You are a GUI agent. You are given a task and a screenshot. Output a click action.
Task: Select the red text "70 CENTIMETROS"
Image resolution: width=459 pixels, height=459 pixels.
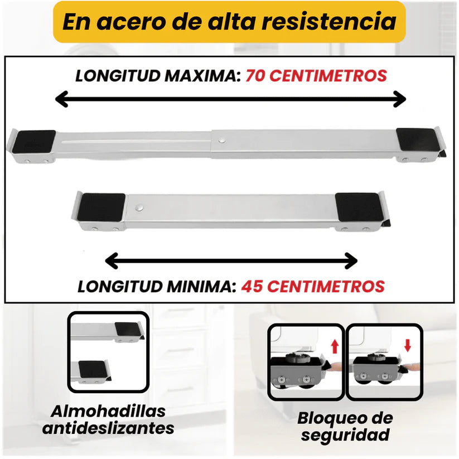coord(316,76)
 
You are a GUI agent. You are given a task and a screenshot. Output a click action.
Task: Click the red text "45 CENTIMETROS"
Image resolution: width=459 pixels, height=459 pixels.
coord(312,287)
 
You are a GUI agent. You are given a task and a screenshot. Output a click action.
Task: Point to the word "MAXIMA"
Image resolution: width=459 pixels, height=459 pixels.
coord(200,76)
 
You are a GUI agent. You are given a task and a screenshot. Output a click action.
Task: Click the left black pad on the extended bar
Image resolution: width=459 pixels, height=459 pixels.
coord(35,142)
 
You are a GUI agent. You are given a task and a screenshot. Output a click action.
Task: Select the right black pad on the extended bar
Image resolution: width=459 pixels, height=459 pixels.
coord(414,140)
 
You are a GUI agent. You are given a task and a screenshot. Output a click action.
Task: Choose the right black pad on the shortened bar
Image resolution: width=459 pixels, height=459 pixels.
coord(358,207)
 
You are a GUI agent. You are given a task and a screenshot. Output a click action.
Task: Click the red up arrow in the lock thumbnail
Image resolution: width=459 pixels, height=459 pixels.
coord(335,346)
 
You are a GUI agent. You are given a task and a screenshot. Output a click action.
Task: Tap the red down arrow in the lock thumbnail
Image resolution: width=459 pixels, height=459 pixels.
coord(408,345)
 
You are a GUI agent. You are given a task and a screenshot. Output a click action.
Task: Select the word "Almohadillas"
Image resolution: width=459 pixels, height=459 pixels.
coord(108,412)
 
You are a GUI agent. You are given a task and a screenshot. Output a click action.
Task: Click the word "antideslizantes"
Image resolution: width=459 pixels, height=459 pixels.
coord(108,428)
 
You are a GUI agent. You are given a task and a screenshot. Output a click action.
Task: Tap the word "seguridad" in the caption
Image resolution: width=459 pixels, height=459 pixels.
coord(344,435)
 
